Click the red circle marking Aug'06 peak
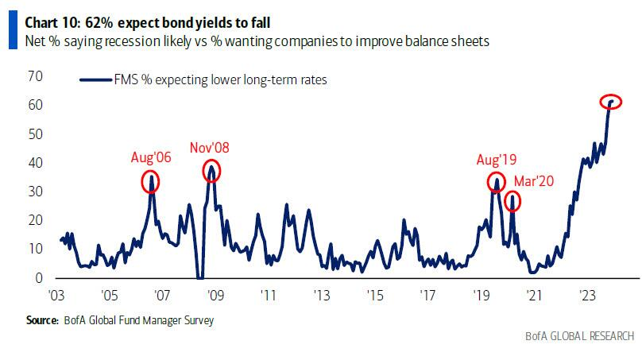click(x=151, y=182)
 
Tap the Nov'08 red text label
click(x=210, y=147)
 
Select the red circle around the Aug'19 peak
click(x=496, y=183)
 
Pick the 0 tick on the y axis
click(x=37, y=278)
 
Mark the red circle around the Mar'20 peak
click(x=512, y=201)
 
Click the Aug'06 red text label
click(x=151, y=157)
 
